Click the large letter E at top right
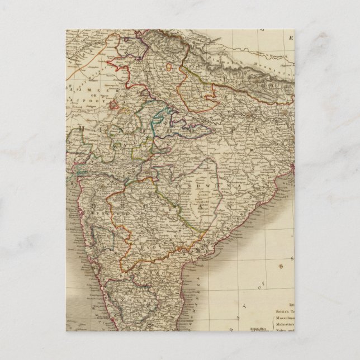(290, 38)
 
